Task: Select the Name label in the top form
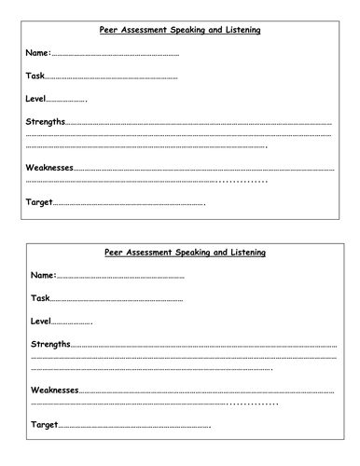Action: (x=38, y=54)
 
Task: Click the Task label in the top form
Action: (x=35, y=76)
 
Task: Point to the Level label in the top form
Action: (x=35, y=99)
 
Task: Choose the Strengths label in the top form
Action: (x=46, y=122)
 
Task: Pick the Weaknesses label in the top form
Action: (x=50, y=168)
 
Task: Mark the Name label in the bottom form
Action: (x=44, y=276)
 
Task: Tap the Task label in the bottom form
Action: (x=40, y=298)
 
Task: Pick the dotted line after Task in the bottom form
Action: (x=117, y=300)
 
